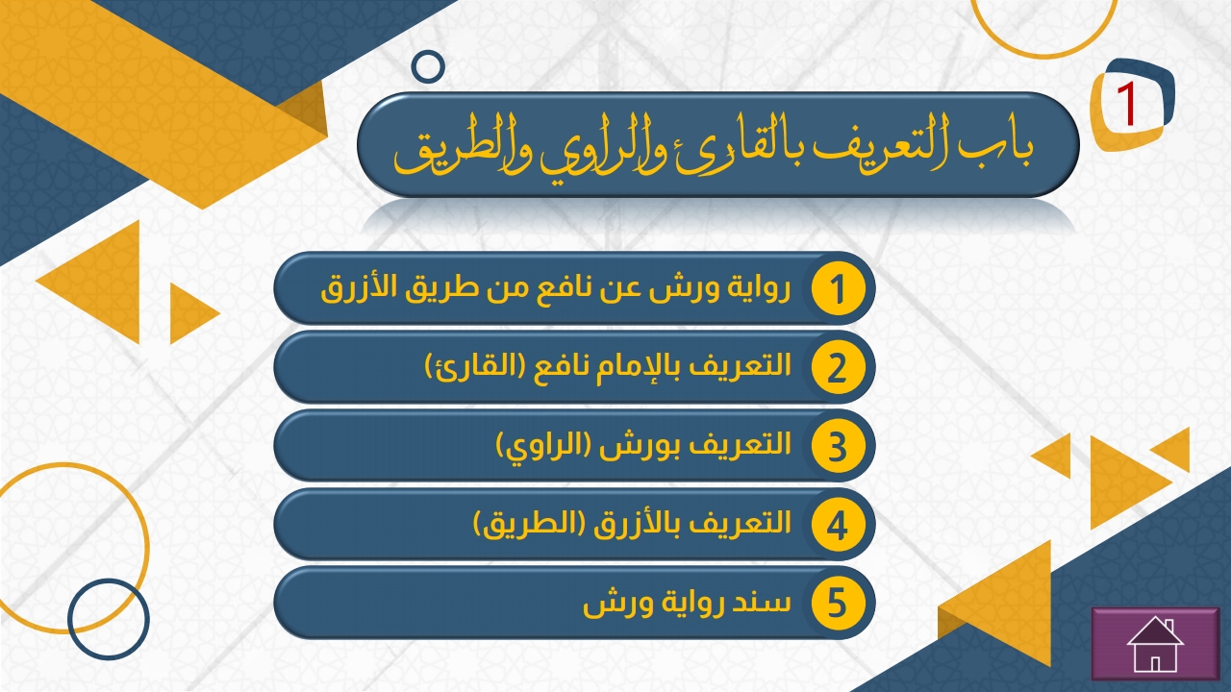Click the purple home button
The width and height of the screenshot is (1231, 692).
(x=1155, y=644)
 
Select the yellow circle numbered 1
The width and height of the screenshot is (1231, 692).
(x=838, y=289)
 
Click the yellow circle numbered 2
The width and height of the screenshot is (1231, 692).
(x=838, y=367)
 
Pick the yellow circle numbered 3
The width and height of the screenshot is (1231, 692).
(x=838, y=446)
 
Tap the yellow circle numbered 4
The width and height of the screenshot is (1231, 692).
(x=838, y=525)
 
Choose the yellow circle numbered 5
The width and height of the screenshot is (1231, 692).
(x=838, y=603)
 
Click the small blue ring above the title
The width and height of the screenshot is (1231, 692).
(x=428, y=66)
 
